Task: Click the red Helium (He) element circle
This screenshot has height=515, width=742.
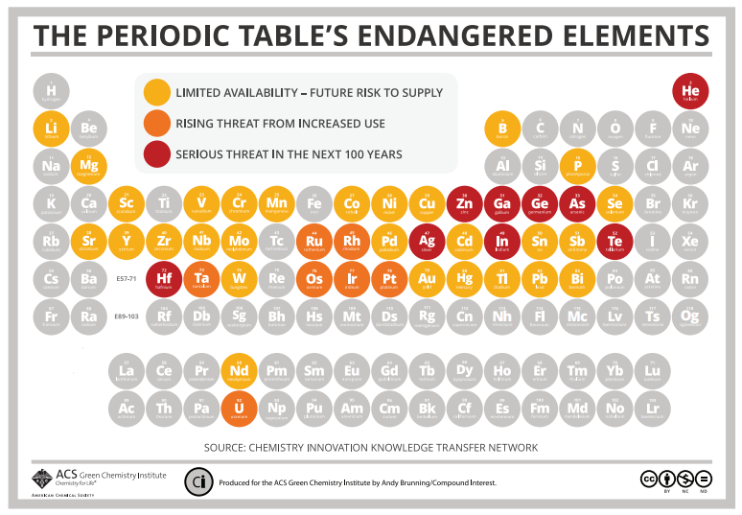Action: (x=690, y=91)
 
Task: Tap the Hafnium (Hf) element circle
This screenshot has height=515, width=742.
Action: (x=164, y=279)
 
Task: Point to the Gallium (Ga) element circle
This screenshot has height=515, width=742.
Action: (x=502, y=203)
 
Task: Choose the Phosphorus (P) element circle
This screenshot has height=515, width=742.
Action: (x=577, y=166)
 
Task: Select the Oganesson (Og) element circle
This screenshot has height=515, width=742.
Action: (x=690, y=316)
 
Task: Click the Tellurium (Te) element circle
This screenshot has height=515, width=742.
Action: (x=614, y=241)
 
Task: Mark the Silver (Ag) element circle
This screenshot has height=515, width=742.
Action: (x=427, y=241)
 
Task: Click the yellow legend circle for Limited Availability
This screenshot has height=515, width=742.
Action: (x=155, y=93)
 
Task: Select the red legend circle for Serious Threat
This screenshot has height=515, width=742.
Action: (x=155, y=153)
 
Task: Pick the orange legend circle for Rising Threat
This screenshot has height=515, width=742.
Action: (x=155, y=124)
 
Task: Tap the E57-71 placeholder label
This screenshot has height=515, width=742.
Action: (x=127, y=279)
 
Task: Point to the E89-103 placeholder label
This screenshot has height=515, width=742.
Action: (x=127, y=316)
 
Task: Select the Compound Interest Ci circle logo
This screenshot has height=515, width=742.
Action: (x=198, y=481)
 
